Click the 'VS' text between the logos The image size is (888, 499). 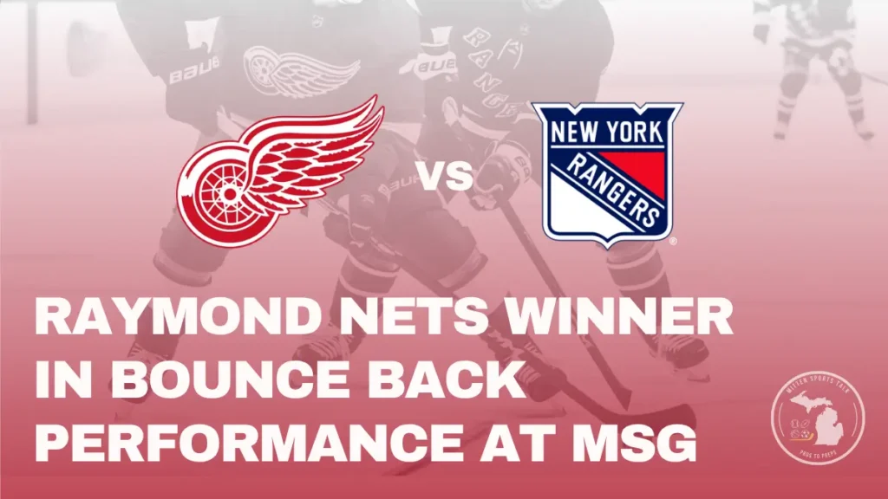[447, 177]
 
